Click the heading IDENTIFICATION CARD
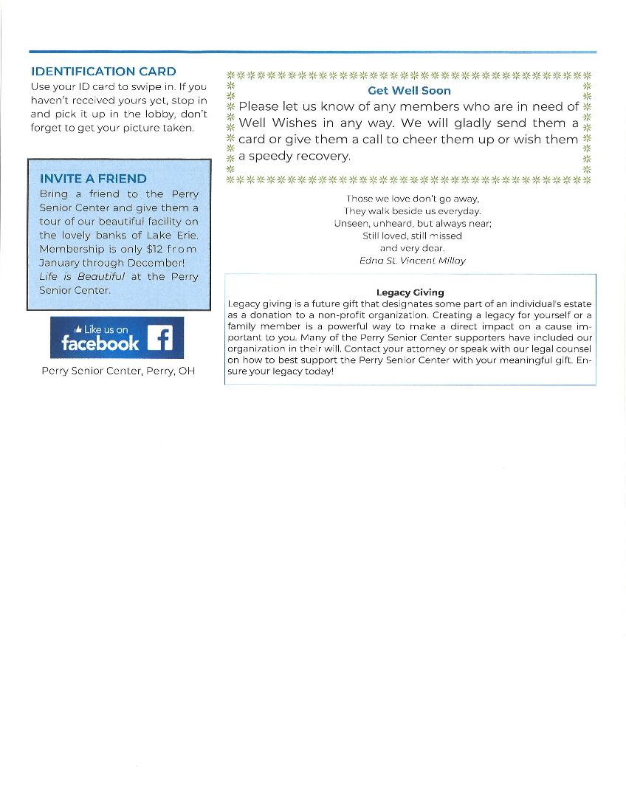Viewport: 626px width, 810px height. (x=103, y=72)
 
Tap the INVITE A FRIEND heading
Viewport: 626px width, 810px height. (x=93, y=179)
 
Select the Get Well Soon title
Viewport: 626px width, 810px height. (x=409, y=91)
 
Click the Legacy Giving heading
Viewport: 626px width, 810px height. (x=410, y=292)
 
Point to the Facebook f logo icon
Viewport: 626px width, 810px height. (x=159, y=338)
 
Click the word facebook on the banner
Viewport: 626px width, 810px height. (x=100, y=343)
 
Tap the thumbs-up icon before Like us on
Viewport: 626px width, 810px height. (x=78, y=329)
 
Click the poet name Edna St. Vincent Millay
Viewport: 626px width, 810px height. (x=412, y=261)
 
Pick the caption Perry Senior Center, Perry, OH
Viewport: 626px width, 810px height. (x=118, y=371)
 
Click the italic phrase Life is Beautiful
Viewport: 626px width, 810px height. (x=82, y=276)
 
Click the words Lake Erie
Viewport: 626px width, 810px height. (x=173, y=235)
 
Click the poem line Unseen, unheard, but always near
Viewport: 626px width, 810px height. (x=412, y=223)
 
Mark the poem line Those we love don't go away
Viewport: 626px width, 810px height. (x=412, y=198)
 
